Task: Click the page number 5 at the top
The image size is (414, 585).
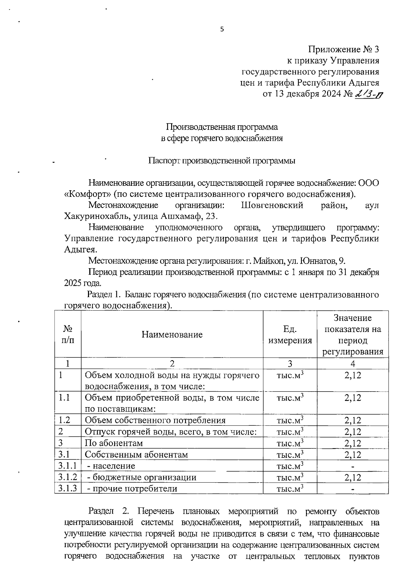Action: point(222,30)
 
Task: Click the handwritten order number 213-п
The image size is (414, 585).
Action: point(369,94)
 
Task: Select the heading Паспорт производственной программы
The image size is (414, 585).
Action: point(222,161)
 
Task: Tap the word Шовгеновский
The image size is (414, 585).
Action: point(272,205)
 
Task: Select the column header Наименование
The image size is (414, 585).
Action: point(172,334)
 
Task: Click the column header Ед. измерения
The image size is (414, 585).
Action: point(290,335)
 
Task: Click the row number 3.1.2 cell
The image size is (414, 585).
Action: point(68,477)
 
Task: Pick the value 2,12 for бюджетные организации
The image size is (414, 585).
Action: point(353,477)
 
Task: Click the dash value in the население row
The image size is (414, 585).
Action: point(353,466)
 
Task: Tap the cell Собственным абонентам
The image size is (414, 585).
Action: point(136,455)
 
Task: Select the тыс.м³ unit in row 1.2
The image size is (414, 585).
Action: point(290,421)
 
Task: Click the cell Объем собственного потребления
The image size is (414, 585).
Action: point(155,421)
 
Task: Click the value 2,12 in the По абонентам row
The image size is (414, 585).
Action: point(353,443)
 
